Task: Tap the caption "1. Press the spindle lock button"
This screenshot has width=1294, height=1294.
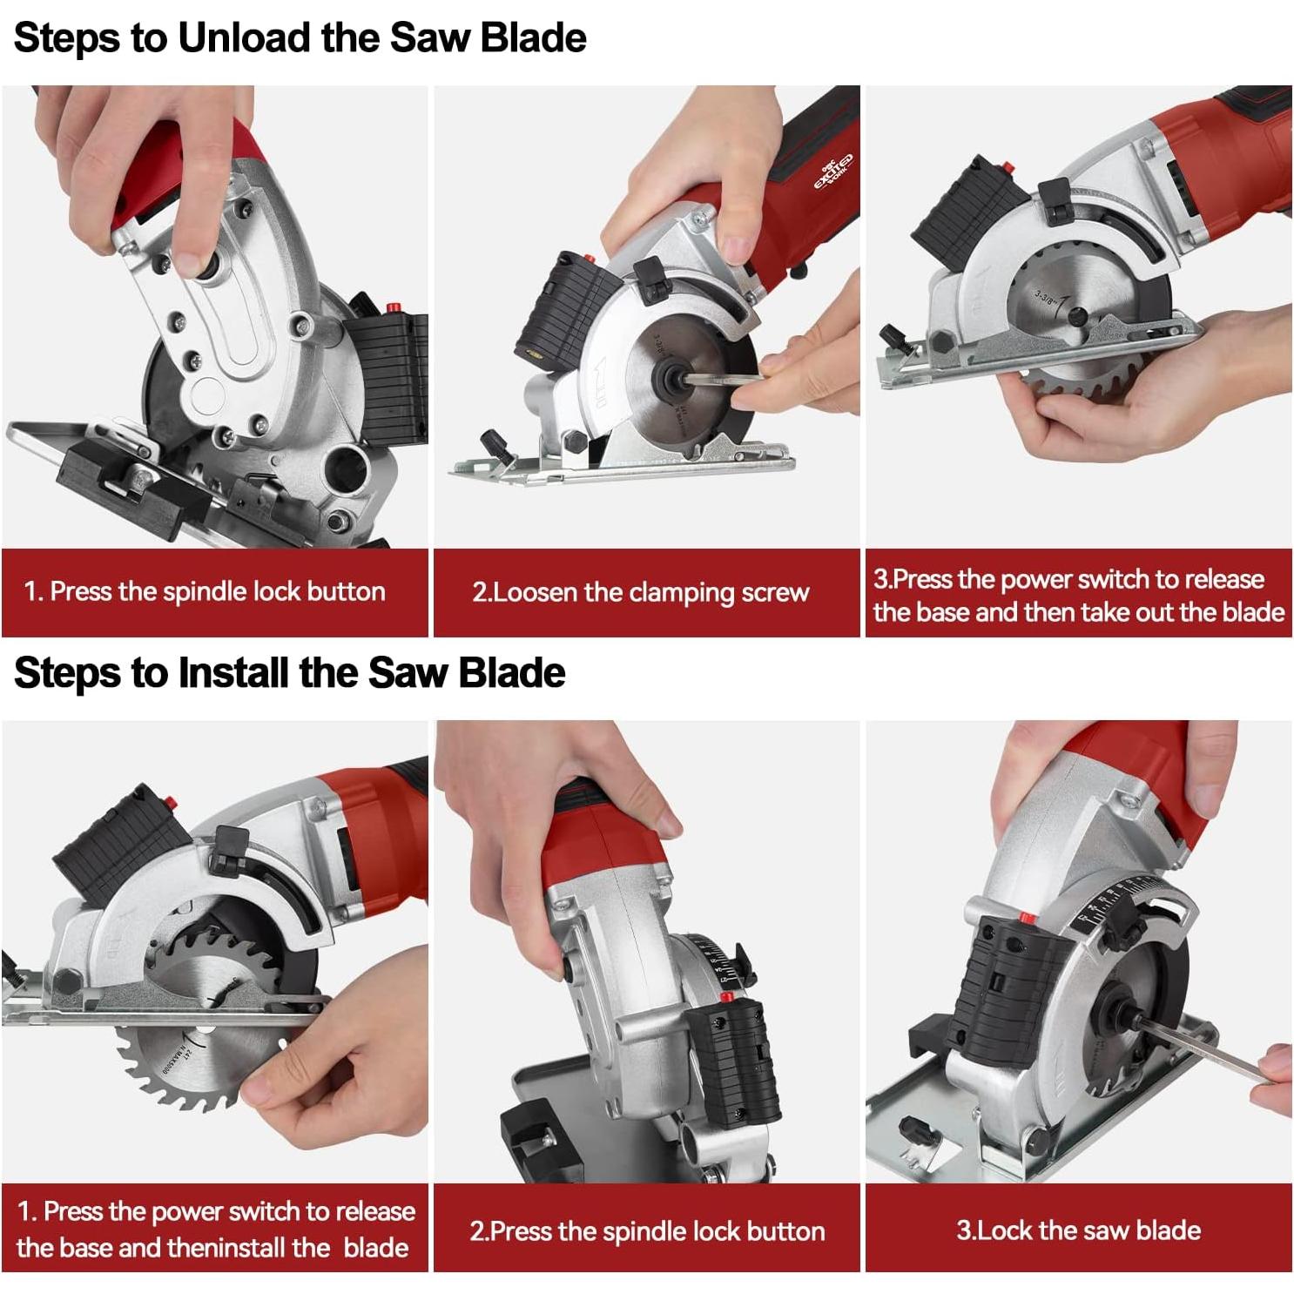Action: (205, 591)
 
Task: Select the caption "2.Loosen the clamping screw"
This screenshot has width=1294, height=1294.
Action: (641, 593)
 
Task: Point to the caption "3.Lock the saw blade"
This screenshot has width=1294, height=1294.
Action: (1078, 1230)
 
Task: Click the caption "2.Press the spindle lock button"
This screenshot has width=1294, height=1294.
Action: (647, 1231)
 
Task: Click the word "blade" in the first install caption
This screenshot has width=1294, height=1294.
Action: (375, 1247)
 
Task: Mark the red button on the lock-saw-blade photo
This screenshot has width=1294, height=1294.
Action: (1025, 917)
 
